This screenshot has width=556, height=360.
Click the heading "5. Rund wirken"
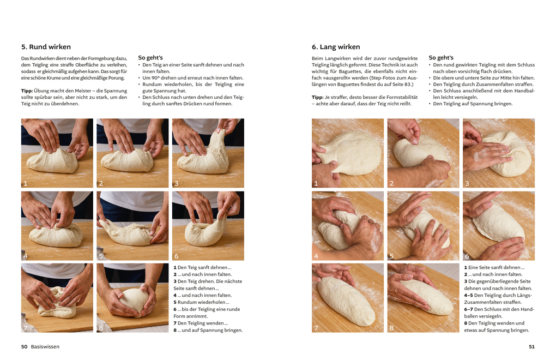pyautogui.click(x=46, y=47)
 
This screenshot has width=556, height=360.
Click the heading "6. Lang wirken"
pyautogui.click(x=336, y=47)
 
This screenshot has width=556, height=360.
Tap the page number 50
pyautogui.click(x=24, y=346)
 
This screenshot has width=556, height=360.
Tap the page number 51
pyautogui.click(x=531, y=346)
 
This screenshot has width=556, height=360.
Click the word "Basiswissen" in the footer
pyautogui.click(x=45, y=346)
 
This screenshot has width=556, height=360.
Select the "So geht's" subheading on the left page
pyautogui.click(x=150, y=57)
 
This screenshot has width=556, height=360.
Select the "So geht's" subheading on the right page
pyautogui.click(x=441, y=57)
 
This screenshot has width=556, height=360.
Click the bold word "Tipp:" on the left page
pyautogui.click(x=27, y=91)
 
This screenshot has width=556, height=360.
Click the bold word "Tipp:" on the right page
pyautogui.click(x=317, y=97)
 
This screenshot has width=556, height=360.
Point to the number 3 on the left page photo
pyautogui.click(x=177, y=183)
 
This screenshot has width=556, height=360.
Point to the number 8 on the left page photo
pyautogui.click(x=101, y=328)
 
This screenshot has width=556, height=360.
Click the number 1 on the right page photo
pyautogui.click(x=316, y=183)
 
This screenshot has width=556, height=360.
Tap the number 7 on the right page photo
pyautogui.click(x=316, y=328)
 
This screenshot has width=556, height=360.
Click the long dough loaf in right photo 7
pyautogui.click(x=346, y=301)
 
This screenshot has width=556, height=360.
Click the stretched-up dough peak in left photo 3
pyautogui.click(x=219, y=142)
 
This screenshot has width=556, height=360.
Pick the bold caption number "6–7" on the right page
pyautogui.click(x=468, y=309)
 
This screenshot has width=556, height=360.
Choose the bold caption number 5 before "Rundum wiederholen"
pyautogui.click(x=175, y=302)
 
